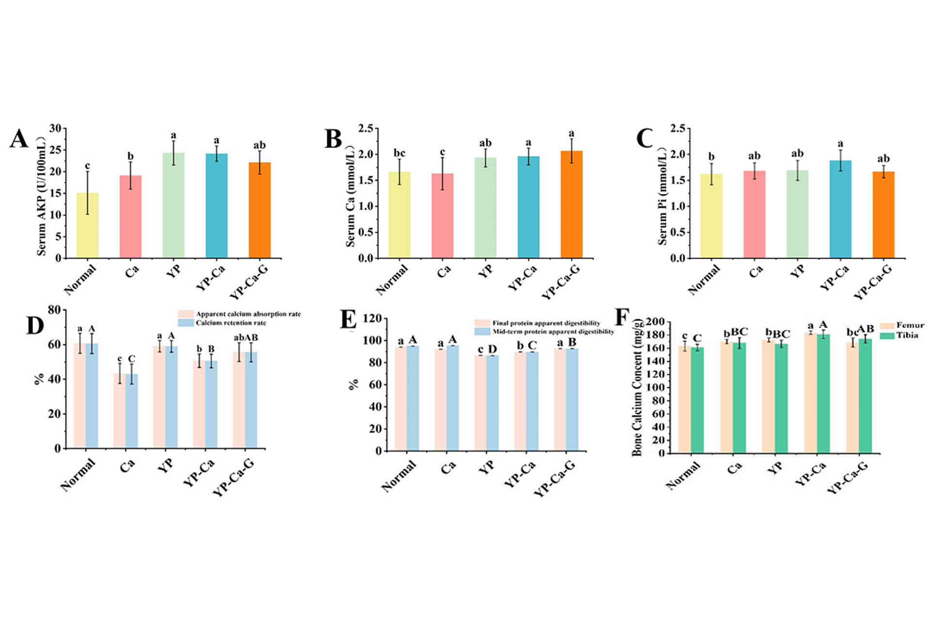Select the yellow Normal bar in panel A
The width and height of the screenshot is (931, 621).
pyautogui.click(x=87, y=225)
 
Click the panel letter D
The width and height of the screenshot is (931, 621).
pyautogui.click(x=35, y=326)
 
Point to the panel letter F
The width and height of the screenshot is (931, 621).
pyautogui.click(x=622, y=318)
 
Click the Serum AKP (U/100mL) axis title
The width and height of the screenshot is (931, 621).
pyautogui.click(x=42, y=196)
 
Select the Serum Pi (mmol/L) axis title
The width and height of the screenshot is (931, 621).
pyautogui.click(x=662, y=196)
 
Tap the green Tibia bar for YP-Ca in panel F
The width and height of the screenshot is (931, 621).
pyautogui.click(x=823, y=393)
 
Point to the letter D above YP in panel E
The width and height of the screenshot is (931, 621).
pyautogui.click(x=492, y=349)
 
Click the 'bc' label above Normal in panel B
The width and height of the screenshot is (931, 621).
pyautogui.click(x=399, y=153)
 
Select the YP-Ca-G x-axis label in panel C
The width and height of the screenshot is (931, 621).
pyautogui.click(x=873, y=282)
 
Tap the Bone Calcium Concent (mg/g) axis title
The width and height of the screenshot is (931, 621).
pyautogui.click(x=637, y=388)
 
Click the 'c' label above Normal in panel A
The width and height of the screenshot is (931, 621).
pyautogui.click(x=87, y=166)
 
